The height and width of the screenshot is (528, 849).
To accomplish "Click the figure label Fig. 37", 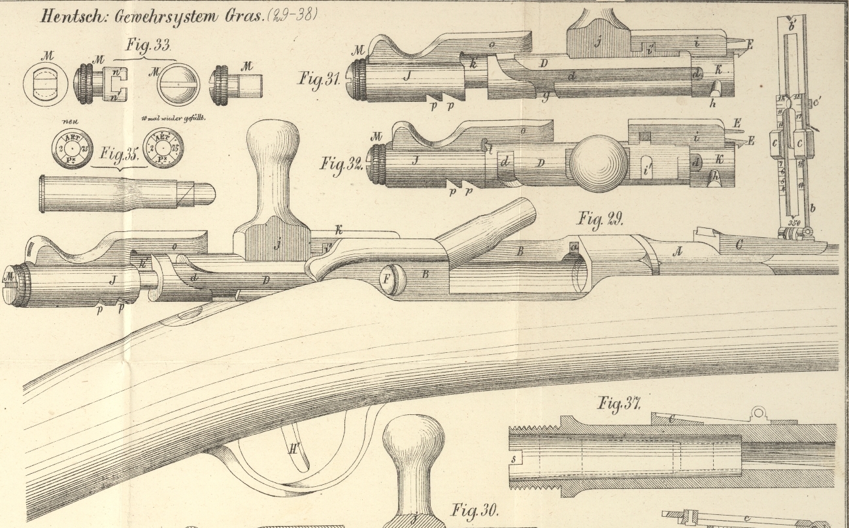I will click(620, 403).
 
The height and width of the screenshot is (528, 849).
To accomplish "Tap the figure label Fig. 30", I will click(475, 510).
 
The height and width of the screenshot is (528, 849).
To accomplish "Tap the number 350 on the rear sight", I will click(795, 222).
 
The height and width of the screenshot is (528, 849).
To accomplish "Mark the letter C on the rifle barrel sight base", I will click(739, 245).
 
